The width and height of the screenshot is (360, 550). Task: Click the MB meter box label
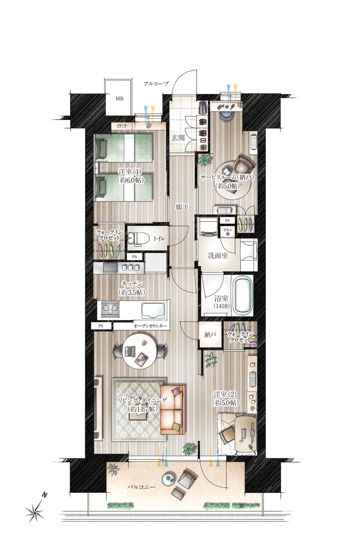[119, 99]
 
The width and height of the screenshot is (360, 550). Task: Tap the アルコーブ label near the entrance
[156, 84]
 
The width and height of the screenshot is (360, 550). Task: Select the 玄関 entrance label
[178, 137]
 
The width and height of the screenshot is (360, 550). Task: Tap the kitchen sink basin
[152, 310]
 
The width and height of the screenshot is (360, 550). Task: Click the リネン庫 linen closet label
[226, 232]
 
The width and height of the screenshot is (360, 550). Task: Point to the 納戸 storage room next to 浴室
[210, 334]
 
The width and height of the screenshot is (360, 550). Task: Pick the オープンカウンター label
[150, 326]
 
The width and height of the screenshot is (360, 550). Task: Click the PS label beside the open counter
[100, 326]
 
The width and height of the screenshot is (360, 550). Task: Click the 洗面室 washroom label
[218, 256]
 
